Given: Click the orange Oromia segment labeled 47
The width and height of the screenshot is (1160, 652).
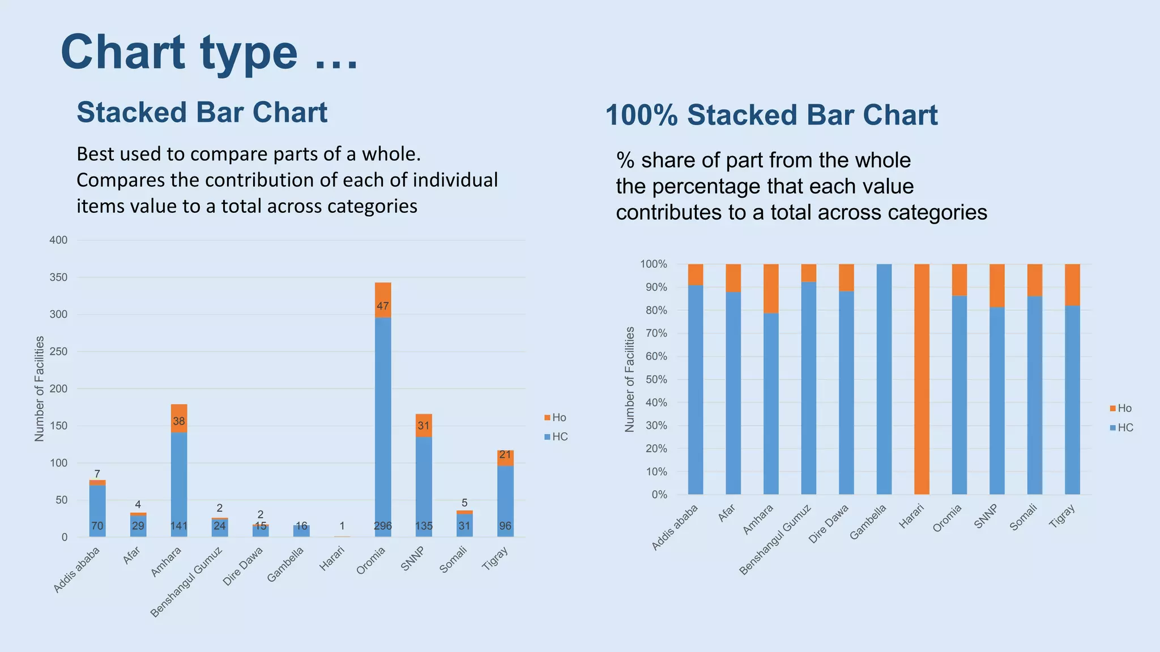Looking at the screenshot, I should [383, 300].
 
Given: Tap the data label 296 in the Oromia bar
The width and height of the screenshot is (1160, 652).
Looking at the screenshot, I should [383, 526].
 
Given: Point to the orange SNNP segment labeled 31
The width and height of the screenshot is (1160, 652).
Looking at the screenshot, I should [424, 426].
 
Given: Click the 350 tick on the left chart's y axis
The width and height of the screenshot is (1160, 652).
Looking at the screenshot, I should [58, 277].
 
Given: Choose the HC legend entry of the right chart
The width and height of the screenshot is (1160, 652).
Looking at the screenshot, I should [1121, 428].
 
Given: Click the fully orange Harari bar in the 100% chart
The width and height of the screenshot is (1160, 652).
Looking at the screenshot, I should [922, 379].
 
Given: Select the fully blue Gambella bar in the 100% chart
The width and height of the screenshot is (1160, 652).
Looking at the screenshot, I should [884, 379].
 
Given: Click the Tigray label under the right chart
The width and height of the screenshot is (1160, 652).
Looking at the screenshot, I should [1062, 516].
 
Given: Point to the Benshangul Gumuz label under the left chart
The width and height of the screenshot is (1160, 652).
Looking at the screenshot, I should [186, 582].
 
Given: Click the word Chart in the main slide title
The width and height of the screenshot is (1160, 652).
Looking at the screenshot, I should [123, 52].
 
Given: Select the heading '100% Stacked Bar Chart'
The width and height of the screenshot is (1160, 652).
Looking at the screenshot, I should [771, 115].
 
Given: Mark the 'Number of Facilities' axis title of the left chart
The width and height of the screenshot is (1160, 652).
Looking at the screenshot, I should [39, 388].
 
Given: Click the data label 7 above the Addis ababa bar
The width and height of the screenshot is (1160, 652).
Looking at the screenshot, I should [97, 474].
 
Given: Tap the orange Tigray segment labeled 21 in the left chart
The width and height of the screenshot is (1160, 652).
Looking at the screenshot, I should [505, 458].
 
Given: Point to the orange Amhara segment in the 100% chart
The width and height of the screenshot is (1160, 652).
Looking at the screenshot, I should [771, 289].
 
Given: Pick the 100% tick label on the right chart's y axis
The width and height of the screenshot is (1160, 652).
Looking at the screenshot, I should [654, 264].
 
